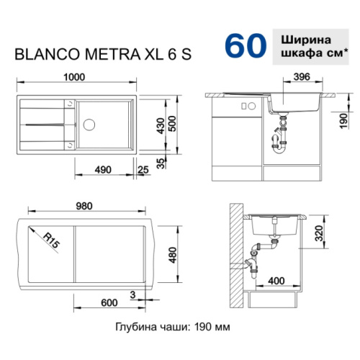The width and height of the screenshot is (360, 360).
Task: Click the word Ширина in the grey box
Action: coord(312,38)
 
